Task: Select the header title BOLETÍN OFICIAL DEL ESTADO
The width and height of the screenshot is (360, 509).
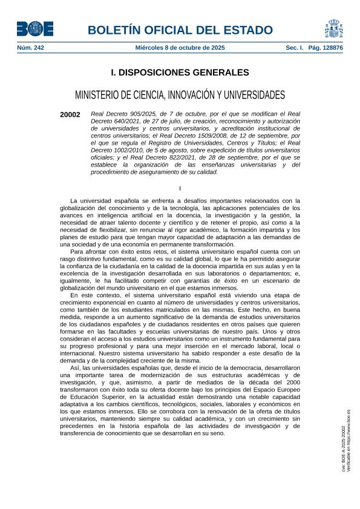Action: [180, 30]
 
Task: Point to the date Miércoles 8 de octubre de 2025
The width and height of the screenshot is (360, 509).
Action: [180, 47]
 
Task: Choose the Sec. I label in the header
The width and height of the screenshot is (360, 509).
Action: [295, 47]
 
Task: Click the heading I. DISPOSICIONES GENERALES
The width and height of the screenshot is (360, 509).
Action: [180, 73]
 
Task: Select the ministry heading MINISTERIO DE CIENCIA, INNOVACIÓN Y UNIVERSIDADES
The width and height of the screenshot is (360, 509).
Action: [180, 95]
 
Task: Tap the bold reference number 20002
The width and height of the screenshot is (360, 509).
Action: [70, 114]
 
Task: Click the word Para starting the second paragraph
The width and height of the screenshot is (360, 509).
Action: [77, 251]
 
